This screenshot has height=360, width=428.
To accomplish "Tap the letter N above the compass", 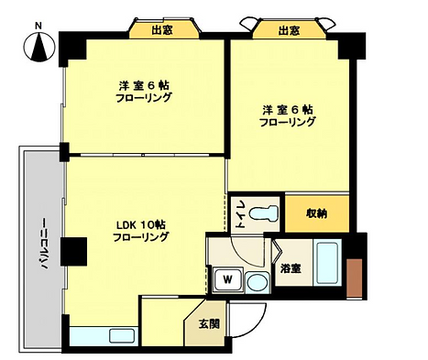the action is click(x=38, y=27).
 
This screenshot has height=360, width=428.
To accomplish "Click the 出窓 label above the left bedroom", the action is click(x=162, y=30).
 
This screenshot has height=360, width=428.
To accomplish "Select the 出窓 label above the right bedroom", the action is click(x=289, y=30).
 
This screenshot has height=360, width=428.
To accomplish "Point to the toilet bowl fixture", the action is click(x=264, y=213).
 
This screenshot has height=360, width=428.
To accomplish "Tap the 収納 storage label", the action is click(x=317, y=213).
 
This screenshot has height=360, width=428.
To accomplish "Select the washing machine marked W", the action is click(x=228, y=279).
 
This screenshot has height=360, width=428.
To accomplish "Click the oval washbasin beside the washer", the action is click(x=258, y=282).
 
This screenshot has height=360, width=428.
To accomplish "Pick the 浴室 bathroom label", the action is click(x=291, y=268).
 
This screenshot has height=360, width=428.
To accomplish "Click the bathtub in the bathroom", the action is click(x=327, y=262).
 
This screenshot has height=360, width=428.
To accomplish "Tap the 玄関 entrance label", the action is click(x=209, y=324).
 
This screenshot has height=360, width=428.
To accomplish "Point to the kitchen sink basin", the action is click(x=122, y=336).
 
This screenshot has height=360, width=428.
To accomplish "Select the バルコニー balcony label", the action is click(x=45, y=244).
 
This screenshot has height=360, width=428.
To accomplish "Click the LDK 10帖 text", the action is click(x=141, y=225).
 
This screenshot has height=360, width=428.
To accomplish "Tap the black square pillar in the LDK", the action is click(x=73, y=251).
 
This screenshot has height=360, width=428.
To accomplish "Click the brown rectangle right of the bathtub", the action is click(x=355, y=278).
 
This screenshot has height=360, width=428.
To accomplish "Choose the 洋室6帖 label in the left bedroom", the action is click(x=144, y=86).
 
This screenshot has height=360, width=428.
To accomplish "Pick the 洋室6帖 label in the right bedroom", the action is click(x=288, y=109).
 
